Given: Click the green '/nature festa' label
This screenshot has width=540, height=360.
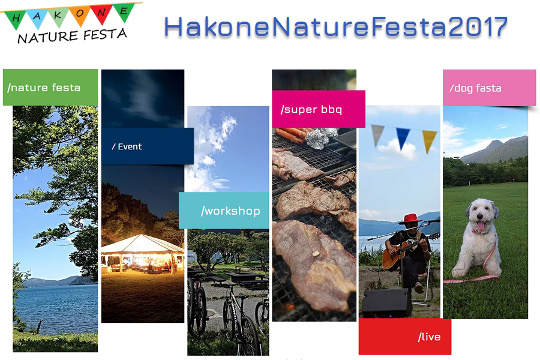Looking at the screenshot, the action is pyautogui.click(x=50, y=88).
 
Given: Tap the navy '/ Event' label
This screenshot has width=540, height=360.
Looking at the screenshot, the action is pyautogui.click(x=148, y=146).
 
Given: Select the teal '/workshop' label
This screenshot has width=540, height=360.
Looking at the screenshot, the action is pyautogui.click(x=224, y=210).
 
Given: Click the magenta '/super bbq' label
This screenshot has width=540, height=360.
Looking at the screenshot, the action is pyautogui.click(x=319, y=109).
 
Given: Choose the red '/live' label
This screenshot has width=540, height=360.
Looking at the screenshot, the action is pyautogui.click(x=404, y=336).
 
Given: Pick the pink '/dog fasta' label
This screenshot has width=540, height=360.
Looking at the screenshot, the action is pyautogui.click(x=490, y=88).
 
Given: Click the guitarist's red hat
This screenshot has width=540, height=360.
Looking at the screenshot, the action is pyautogui.click(x=410, y=219).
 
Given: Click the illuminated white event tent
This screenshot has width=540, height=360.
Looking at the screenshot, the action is pyautogui.click(x=143, y=253).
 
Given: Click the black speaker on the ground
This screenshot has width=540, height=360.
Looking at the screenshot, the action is pyautogui.click(x=387, y=302).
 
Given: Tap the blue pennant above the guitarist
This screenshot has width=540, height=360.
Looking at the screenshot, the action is pyautogui.click(x=403, y=139).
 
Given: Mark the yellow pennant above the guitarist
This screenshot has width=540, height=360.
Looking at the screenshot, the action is pyautogui.click(x=429, y=140).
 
